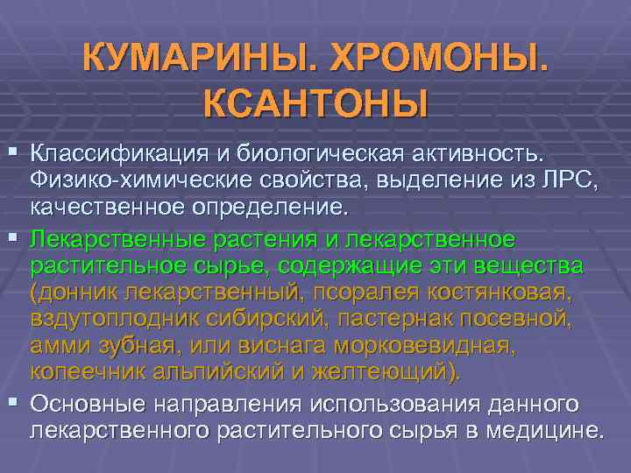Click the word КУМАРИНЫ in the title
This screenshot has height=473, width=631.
point(197,59)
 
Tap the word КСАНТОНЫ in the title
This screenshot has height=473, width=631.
point(316,103)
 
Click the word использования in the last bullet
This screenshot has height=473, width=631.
point(394,404)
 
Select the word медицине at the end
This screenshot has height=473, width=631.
point(543,432)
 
